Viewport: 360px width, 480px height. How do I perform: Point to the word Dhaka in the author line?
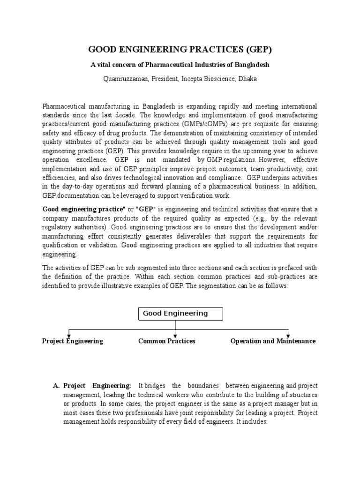[247, 79]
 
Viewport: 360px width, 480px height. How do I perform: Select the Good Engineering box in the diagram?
[175, 314]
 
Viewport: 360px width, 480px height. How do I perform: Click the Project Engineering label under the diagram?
[73, 341]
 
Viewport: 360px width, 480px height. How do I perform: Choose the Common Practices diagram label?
[166, 341]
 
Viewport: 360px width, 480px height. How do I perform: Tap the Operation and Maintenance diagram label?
[273, 341]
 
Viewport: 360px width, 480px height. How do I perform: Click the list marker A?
[56, 386]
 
